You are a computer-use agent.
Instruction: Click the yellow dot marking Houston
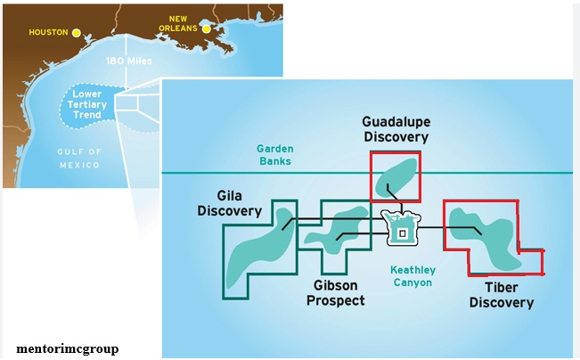[77, 33]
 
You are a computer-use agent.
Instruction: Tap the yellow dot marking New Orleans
[207, 29]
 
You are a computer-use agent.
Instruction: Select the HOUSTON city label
[48, 33]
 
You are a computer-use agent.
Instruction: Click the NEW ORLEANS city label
[178, 23]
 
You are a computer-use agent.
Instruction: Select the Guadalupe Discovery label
[396, 128]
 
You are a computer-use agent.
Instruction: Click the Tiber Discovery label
[501, 295]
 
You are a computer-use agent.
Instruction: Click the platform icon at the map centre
[400, 228]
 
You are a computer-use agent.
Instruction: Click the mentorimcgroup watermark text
[67, 348]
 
